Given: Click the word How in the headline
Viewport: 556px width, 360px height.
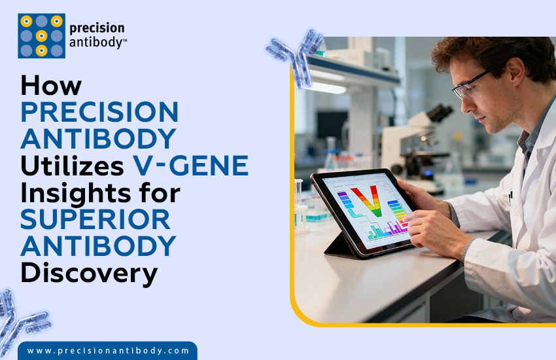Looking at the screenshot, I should click(51, 86).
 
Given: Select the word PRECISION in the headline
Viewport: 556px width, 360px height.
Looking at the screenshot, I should click(99, 113).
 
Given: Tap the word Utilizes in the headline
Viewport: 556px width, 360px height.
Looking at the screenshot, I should click(72, 166).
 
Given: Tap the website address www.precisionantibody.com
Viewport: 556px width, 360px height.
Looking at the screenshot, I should click(108, 351).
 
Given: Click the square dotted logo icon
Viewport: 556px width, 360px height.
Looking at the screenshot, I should click(41, 36).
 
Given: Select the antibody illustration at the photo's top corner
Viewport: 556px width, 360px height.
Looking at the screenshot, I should click(296, 56).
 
